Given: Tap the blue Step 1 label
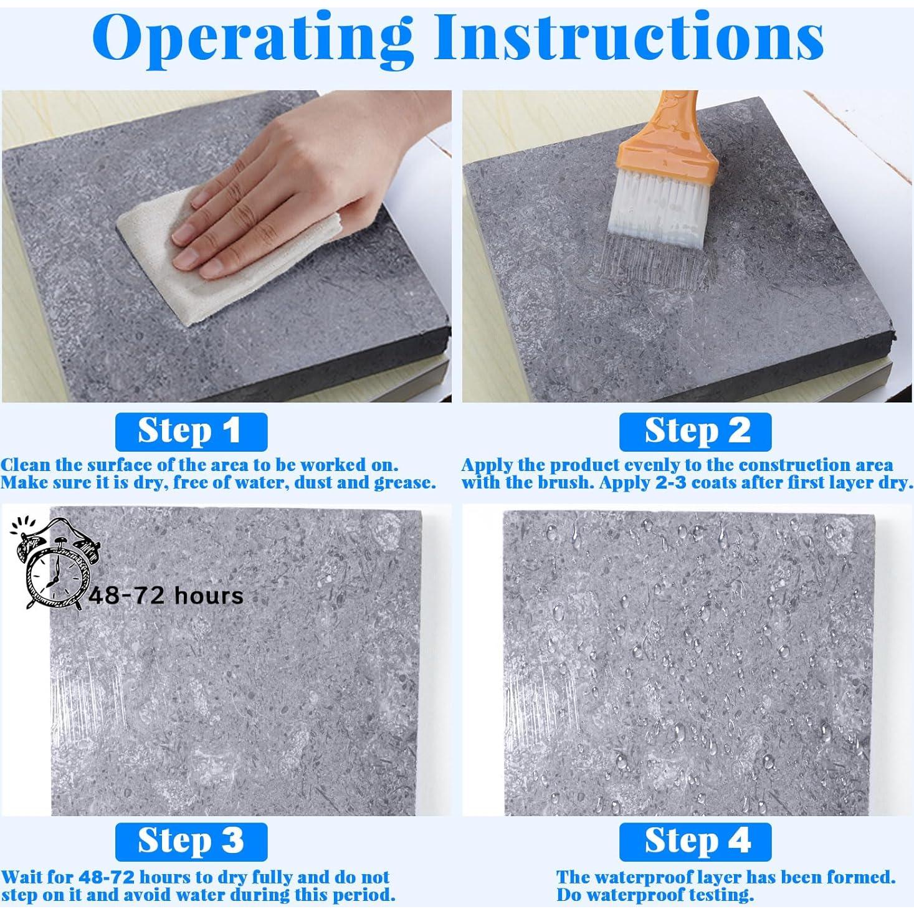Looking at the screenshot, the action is click(x=191, y=432).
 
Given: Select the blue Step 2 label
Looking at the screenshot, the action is click(x=695, y=432).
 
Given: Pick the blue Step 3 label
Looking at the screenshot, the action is click(x=191, y=842).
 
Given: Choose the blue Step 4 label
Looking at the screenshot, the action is click(x=695, y=842).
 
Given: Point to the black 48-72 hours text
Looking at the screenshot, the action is click(x=166, y=595).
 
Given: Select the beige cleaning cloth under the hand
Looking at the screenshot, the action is click(x=227, y=256).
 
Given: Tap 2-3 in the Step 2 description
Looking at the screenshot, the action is click(x=677, y=482).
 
